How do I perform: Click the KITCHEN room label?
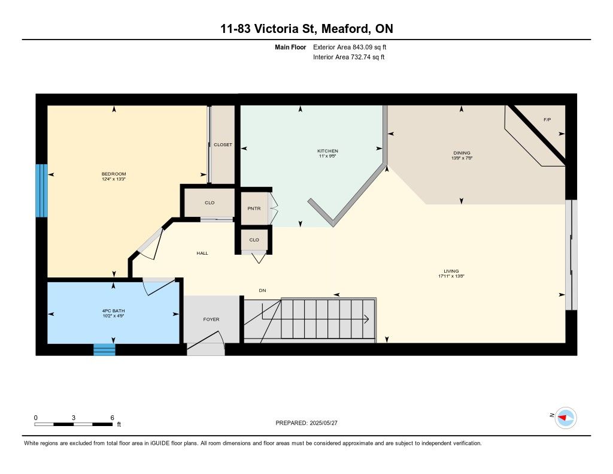click(x=327, y=150)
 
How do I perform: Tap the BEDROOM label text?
click(x=114, y=174)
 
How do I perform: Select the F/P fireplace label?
click(x=547, y=120)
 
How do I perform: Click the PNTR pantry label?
click(x=254, y=209)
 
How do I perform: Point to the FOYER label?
click(x=211, y=319)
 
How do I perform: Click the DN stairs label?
click(x=262, y=291)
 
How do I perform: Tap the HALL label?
click(x=202, y=253)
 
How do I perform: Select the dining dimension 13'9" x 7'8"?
click(x=462, y=158)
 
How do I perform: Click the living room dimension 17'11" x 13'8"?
click(x=451, y=276)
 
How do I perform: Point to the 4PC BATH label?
click(x=113, y=311)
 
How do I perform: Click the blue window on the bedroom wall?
click(x=42, y=190)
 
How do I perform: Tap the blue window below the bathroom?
click(x=104, y=349)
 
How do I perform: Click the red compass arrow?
click(x=563, y=418)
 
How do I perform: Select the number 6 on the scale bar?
click(x=112, y=418)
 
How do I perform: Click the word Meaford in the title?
click(x=346, y=29)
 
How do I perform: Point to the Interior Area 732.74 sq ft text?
click(x=349, y=57)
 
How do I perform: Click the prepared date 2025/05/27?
click(x=323, y=423)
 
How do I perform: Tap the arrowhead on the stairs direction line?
click(x=366, y=319)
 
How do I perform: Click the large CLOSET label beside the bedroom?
click(x=223, y=145)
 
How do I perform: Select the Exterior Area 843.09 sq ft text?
click(x=350, y=47)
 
